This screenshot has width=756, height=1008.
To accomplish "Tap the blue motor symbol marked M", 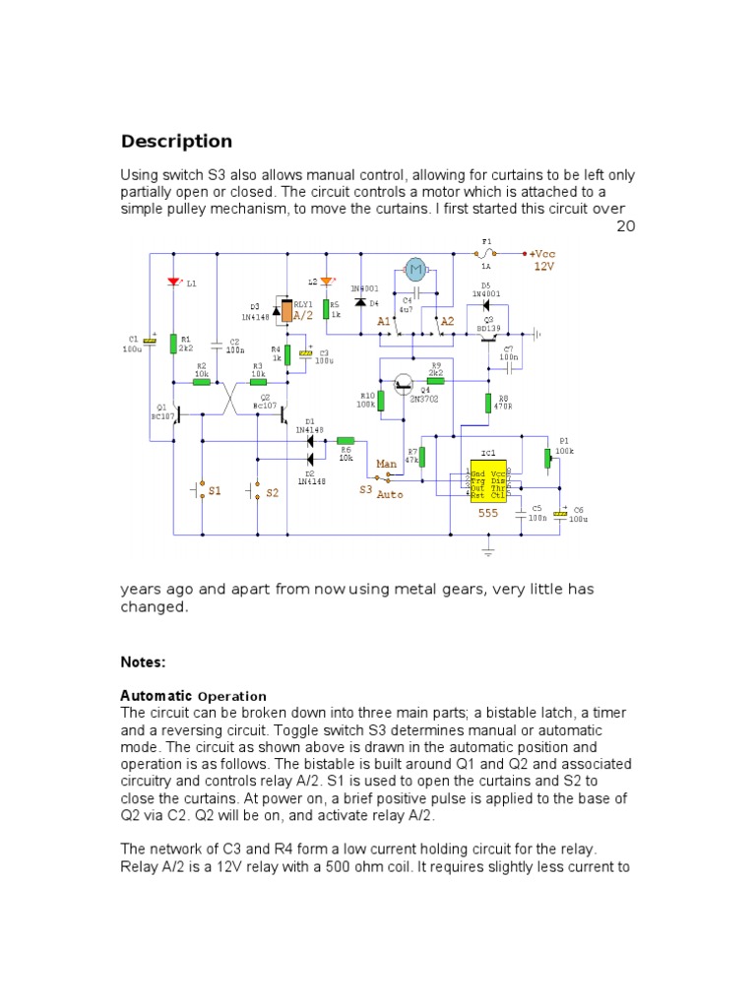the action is pyautogui.click(x=415, y=269).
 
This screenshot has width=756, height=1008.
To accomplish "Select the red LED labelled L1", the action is pyautogui.click(x=173, y=283).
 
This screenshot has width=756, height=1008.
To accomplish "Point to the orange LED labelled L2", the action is pyautogui.click(x=327, y=283).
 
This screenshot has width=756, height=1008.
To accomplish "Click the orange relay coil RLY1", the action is pyautogui.click(x=286, y=311).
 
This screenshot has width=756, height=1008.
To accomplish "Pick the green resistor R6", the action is pyautogui.click(x=346, y=441).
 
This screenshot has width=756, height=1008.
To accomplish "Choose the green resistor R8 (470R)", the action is pyautogui.click(x=488, y=403).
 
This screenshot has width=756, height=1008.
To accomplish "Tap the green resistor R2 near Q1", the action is pyautogui.click(x=201, y=382).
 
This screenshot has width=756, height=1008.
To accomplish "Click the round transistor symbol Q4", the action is pyautogui.click(x=405, y=385).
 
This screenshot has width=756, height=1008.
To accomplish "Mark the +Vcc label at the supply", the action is pyautogui.click(x=543, y=252).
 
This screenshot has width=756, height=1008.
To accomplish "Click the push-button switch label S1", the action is pyautogui.click(x=215, y=490).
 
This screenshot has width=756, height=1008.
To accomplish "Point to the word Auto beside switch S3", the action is pyautogui.click(x=390, y=494).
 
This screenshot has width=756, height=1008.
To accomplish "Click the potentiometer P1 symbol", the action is pyautogui.click(x=547, y=460).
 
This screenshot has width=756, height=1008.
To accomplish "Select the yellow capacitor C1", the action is pyautogui.click(x=150, y=341).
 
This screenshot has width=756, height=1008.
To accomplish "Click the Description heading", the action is pyautogui.click(x=176, y=141).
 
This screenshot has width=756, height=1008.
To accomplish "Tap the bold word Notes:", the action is pyautogui.click(x=143, y=662).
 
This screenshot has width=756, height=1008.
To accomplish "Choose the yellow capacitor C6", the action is pyautogui.click(x=560, y=513).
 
